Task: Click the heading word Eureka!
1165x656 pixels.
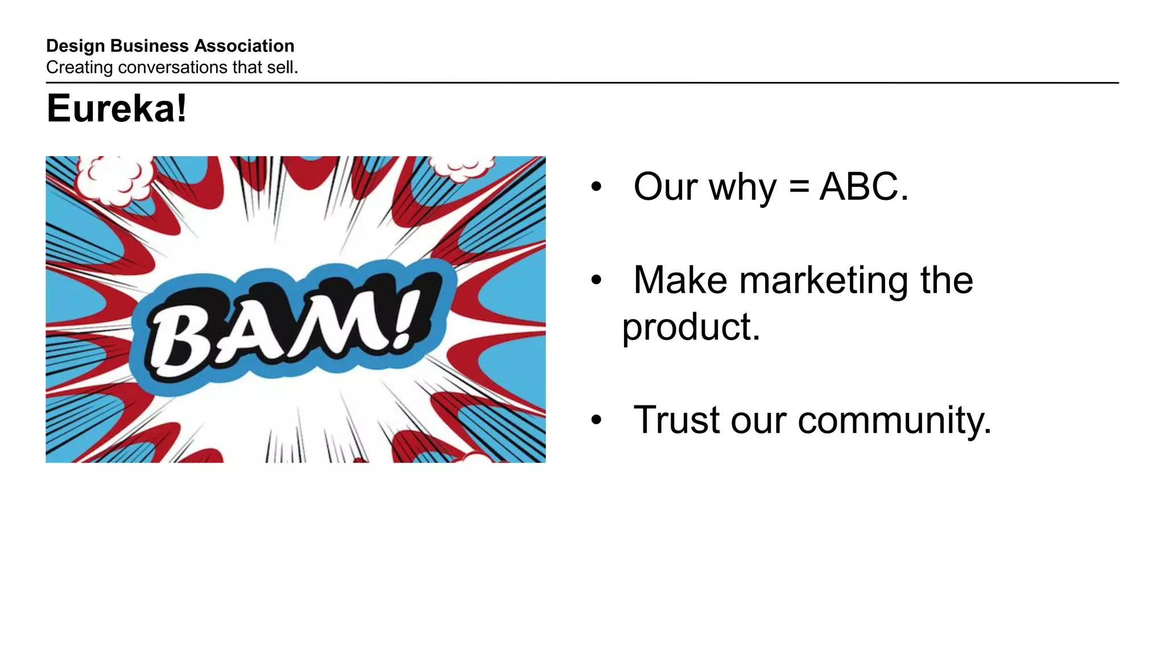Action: (117, 109)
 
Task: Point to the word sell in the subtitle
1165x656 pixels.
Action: (281, 67)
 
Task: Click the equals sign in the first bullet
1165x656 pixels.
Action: (799, 187)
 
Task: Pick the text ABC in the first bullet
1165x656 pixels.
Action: (859, 187)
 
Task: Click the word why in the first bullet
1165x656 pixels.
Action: (742, 188)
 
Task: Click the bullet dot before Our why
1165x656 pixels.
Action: (596, 187)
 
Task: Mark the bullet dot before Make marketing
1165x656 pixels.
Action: (596, 280)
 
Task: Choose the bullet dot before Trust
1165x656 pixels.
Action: (596, 421)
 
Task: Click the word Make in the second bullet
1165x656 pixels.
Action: (680, 280)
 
